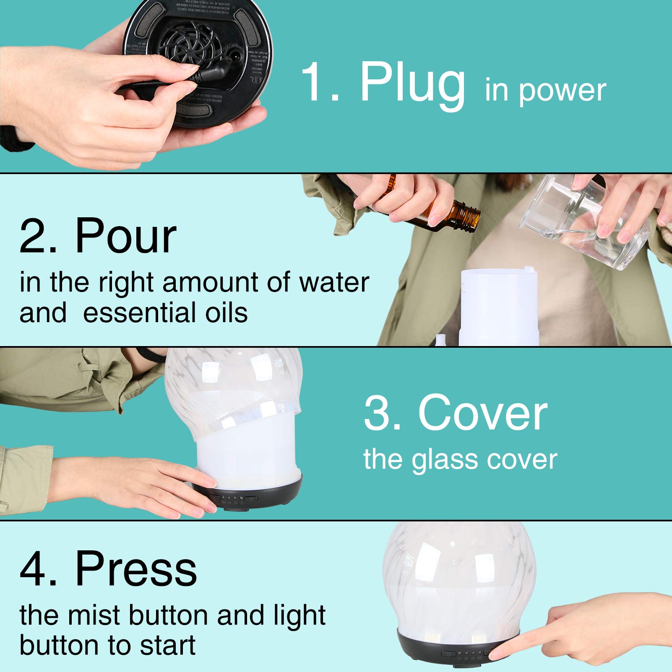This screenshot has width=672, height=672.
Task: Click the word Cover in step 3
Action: pyautogui.click(x=482, y=413)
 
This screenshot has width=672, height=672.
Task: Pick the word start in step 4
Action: pyautogui.click(x=168, y=645)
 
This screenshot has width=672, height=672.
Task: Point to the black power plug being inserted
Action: pyautogui.click(x=210, y=74)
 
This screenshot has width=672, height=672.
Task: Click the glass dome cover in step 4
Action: pyautogui.click(x=459, y=577)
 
